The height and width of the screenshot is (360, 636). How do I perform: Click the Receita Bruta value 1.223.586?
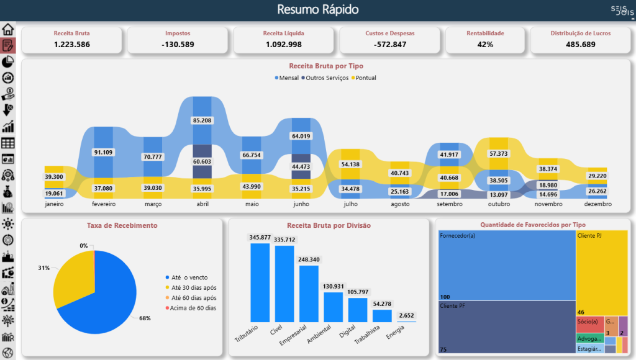tap(71, 44)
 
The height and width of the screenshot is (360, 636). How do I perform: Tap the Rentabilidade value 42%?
tap(485, 44)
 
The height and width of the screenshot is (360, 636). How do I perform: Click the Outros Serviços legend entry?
tap(325, 78)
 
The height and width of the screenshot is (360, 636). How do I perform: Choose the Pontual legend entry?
tap(366, 78)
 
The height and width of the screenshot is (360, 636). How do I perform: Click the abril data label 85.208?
tap(202, 120)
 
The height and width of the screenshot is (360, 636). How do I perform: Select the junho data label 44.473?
tap(301, 166)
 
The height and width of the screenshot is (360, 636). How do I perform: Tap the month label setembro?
tap(448, 204)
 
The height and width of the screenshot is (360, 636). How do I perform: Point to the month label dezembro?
tap(597, 204)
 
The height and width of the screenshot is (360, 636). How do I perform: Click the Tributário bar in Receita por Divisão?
tap(260, 282)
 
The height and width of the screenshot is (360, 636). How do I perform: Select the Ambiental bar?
tap(333, 307)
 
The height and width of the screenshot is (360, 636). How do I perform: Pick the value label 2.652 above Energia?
tap(406, 315)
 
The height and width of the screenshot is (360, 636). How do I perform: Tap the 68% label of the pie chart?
tap(145, 318)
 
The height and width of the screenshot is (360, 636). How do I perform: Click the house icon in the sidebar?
tap(8, 29)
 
